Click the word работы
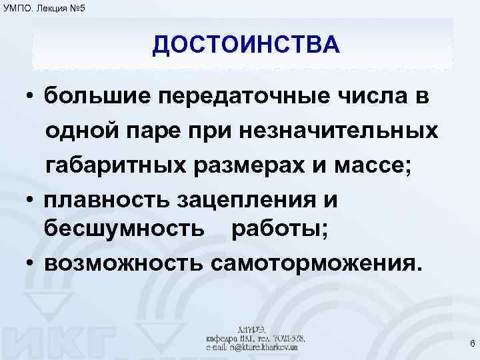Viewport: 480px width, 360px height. tap(279, 230)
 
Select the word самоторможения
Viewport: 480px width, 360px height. tap(316, 262)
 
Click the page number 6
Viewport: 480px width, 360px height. tap(471, 344)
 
